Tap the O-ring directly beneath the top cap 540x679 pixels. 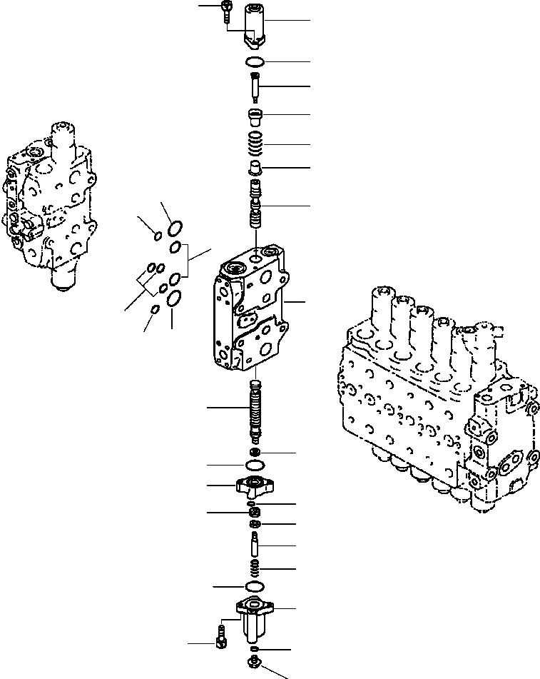(x=255, y=61)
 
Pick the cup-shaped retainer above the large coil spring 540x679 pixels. (x=255, y=116)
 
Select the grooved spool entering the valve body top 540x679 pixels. (x=255, y=203)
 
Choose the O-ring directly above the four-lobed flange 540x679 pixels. (x=255, y=466)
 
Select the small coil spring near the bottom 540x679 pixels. (x=255, y=568)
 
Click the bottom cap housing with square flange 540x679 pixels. (x=255, y=618)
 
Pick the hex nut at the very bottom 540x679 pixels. (x=255, y=663)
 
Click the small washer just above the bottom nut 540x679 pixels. (x=255, y=650)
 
